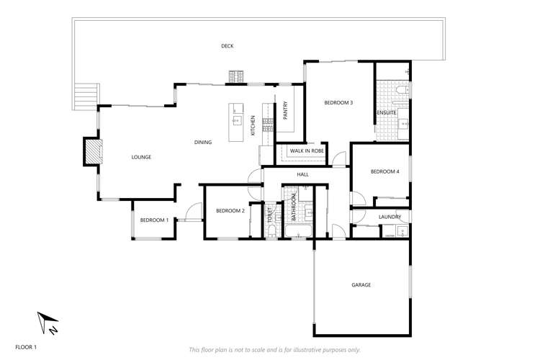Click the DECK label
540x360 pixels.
click(228, 46)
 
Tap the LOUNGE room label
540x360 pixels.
click(141, 156)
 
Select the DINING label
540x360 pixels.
click(203, 142)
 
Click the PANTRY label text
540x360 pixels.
click(286, 110)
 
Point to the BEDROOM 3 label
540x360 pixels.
click(338, 103)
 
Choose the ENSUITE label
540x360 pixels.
click(386, 113)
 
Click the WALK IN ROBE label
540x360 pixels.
click(306, 151)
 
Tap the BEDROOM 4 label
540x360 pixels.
click(384, 171)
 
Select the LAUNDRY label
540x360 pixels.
click(390, 217)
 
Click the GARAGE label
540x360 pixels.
click(361, 285)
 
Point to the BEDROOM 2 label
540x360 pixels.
click(230, 210)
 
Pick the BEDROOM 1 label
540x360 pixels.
click(154, 220)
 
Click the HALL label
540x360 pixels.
click(302, 174)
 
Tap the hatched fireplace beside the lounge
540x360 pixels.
click(92, 151)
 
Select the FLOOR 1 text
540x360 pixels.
click(26, 346)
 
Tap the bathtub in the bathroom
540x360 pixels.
click(297, 232)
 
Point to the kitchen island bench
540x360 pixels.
click(236, 122)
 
